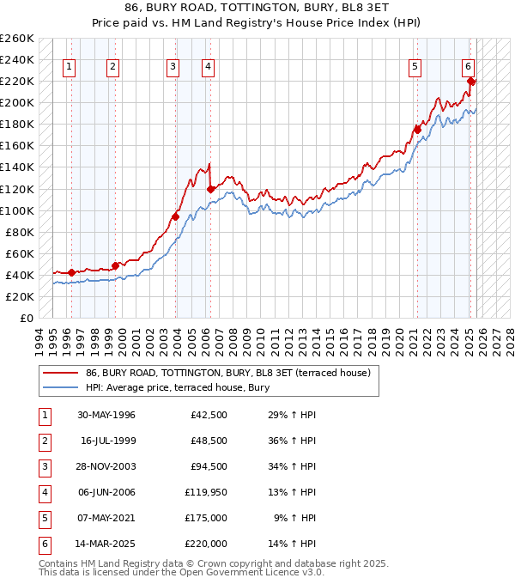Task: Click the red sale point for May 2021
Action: pos(418,130)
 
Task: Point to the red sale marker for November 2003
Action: pos(175,216)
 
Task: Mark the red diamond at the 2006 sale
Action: pos(210,189)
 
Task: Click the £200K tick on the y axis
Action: pos(17,102)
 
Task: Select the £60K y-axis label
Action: pos(20,253)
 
